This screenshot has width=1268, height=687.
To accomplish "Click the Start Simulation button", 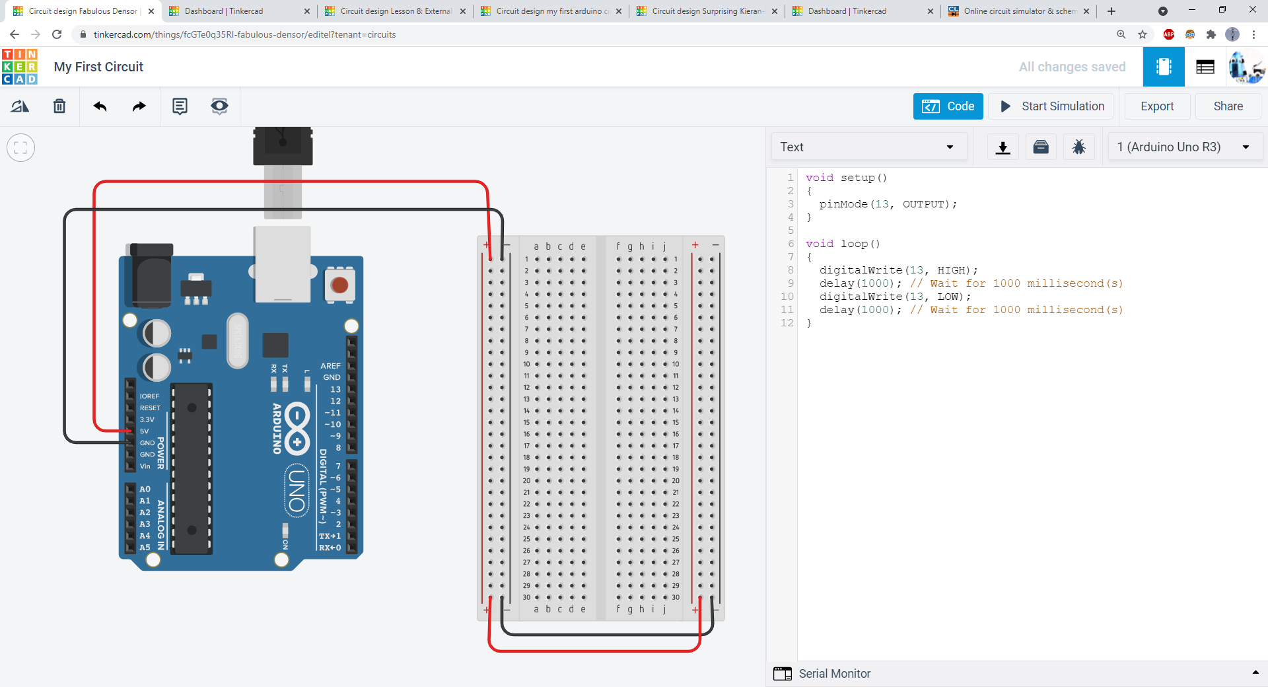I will tap(1053, 106).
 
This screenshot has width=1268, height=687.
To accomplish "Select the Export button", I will tap(1157, 106).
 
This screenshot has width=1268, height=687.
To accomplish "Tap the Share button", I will tap(1228, 106).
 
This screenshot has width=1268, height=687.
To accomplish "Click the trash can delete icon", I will tap(59, 106).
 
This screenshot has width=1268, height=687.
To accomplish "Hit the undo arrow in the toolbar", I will tap(100, 106).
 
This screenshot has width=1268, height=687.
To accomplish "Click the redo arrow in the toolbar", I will tap(139, 106).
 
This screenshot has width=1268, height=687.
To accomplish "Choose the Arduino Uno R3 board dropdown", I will tap(1184, 147).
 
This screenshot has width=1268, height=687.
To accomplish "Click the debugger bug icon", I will tap(1078, 147).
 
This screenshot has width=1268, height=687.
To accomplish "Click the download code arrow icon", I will tap(1003, 147).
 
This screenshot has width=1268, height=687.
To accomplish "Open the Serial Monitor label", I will tap(834, 674).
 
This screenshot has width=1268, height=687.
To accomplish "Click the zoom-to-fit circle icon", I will tap(20, 147).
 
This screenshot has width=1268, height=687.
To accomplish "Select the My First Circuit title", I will tap(98, 67).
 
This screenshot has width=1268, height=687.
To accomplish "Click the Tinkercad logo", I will tap(20, 67).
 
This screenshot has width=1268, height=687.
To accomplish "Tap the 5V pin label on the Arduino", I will tap(145, 431).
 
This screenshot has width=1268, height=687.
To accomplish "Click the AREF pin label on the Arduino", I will tap(330, 366).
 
